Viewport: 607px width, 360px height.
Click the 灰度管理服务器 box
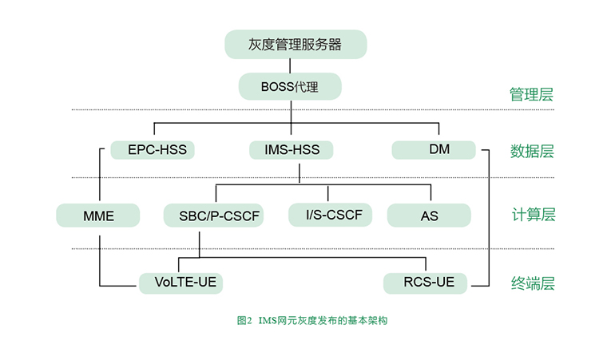coord(296,45)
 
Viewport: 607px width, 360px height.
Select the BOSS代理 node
coord(290,86)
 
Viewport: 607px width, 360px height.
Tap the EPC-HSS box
coord(153,150)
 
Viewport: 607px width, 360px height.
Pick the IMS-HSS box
coord(291,150)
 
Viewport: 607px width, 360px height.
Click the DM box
coord(434,150)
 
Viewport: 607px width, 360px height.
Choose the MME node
coord(98,216)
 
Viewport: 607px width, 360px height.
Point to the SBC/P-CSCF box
coord(214,216)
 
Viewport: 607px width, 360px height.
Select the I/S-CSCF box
coord(330,215)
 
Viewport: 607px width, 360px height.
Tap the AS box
coord(429,216)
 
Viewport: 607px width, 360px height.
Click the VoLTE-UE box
coord(181,283)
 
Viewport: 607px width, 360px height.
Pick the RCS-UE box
coord(425,283)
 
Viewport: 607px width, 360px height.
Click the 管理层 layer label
coord(531,94)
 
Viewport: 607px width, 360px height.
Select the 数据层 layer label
coord(532,151)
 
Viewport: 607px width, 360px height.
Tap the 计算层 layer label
coord(534,215)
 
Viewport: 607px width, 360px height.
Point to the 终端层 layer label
coord(533,283)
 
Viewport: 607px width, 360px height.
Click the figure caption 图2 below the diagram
coord(244,321)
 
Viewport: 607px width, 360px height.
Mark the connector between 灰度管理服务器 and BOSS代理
coord(290,65)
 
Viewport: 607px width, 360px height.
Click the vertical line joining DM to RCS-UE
coord(489,218)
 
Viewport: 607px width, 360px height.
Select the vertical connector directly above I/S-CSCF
coord(328,193)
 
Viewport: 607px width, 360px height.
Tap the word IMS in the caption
coord(267,321)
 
